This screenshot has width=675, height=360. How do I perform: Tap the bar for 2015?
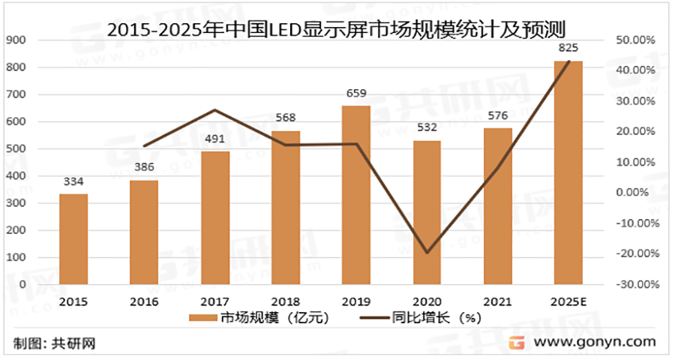click(x=73, y=239)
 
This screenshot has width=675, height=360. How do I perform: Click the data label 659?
click(x=356, y=94)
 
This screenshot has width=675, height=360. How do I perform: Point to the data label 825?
click(x=568, y=49)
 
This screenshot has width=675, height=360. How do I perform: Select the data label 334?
click(x=73, y=181)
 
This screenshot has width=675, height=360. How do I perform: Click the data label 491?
click(x=215, y=139)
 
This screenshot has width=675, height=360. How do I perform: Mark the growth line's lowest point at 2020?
click(x=427, y=253)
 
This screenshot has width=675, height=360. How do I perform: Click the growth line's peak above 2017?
click(x=215, y=110)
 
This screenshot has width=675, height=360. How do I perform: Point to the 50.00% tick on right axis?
click(x=636, y=40)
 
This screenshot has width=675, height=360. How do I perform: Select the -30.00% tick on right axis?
click(x=634, y=285)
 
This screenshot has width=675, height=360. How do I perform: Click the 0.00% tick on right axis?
click(x=637, y=193)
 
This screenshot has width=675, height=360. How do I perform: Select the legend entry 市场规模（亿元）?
click(x=259, y=317)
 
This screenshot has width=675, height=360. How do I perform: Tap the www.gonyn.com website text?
click(x=596, y=342)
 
